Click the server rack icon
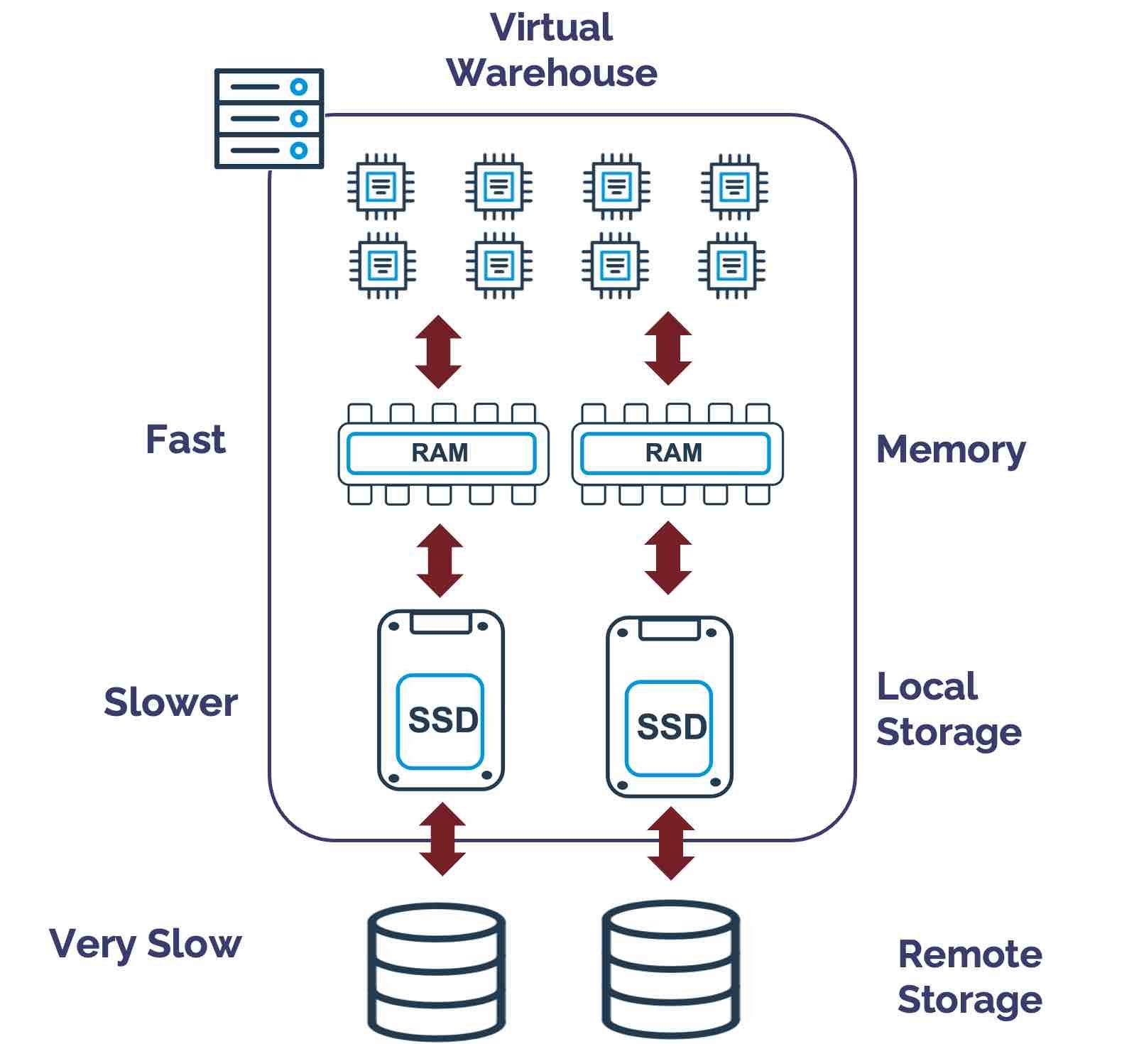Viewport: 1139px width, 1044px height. point(269,119)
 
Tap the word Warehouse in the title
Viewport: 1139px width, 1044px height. point(552,73)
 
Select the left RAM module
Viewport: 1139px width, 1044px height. point(443,454)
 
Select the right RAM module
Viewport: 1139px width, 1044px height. point(677,454)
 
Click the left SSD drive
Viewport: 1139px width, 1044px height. point(441,700)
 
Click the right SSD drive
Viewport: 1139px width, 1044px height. point(669,707)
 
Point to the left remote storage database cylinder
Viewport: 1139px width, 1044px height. point(436,970)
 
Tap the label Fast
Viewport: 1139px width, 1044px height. point(185,440)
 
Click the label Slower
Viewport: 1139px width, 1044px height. point(170,702)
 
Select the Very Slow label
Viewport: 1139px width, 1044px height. point(146,945)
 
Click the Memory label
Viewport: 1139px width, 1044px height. point(951,450)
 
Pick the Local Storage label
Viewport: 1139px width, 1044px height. point(948,709)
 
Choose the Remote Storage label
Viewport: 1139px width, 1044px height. point(969,977)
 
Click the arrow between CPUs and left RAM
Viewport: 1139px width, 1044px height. point(438,352)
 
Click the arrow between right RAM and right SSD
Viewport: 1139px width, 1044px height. point(667,558)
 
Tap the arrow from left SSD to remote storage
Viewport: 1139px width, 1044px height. point(442,839)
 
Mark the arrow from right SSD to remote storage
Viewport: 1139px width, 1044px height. point(670,843)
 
